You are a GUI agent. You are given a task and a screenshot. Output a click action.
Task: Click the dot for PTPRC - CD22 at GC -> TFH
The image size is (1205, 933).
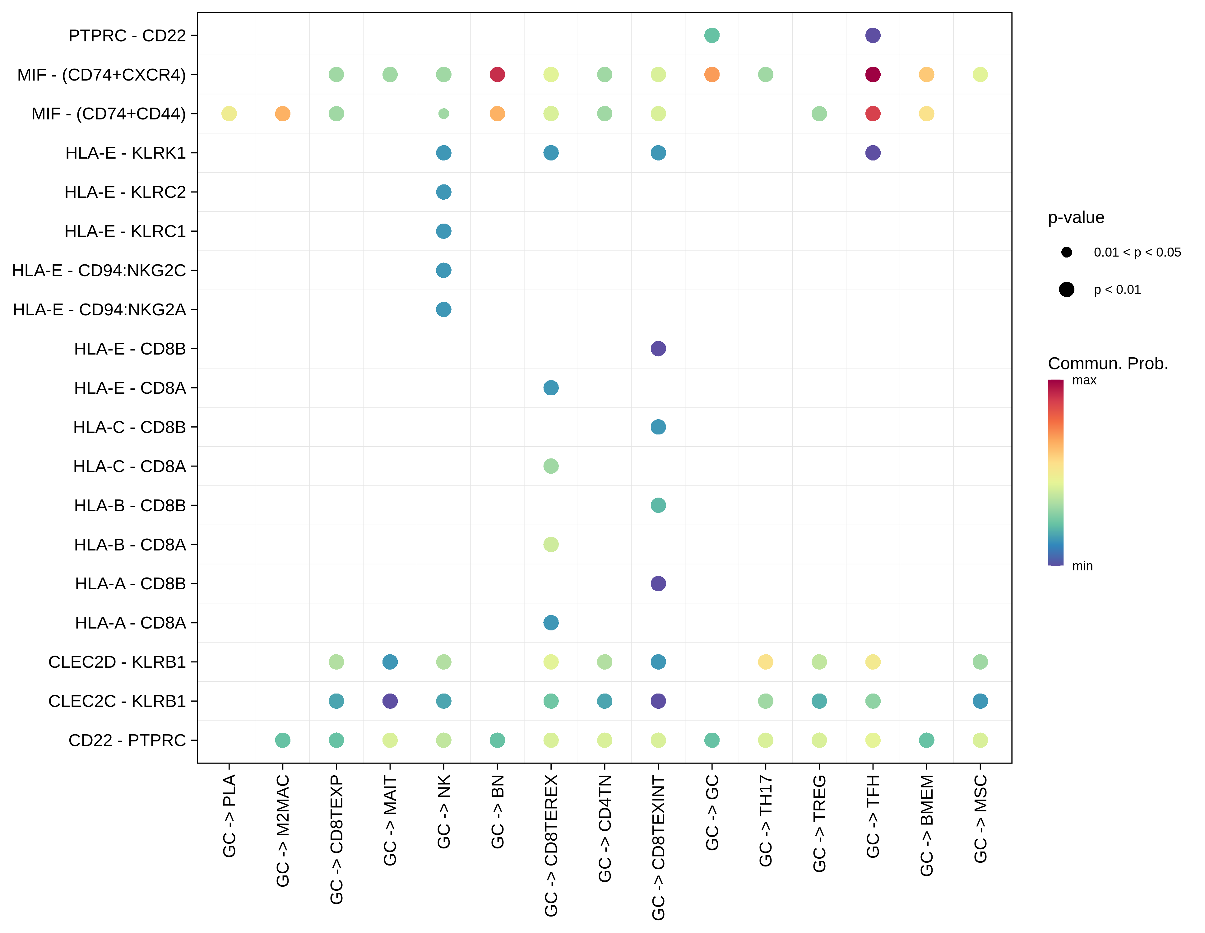pyautogui.click(x=872, y=35)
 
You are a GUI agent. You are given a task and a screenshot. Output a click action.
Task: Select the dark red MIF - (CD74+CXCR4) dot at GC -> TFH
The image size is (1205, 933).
pyautogui.click(x=872, y=75)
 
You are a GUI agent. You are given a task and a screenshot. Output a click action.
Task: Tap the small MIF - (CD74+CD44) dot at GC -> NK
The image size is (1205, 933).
pyautogui.click(x=444, y=114)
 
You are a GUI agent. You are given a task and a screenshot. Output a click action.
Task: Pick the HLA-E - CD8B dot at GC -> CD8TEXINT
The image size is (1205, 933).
pyautogui.click(x=658, y=349)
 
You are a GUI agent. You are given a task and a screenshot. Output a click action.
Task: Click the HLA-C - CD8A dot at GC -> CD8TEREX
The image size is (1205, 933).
pyautogui.click(x=551, y=466)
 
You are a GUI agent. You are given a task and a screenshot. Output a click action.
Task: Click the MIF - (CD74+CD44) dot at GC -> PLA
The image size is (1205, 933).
pyautogui.click(x=229, y=114)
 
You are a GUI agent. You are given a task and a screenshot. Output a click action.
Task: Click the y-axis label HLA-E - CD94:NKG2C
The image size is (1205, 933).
pyautogui.click(x=99, y=270)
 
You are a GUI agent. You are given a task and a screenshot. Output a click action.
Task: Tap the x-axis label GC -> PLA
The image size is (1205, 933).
pyautogui.click(x=229, y=815)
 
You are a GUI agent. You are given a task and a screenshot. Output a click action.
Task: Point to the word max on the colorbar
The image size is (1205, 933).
pyautogui.click(x=1084, y=380)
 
